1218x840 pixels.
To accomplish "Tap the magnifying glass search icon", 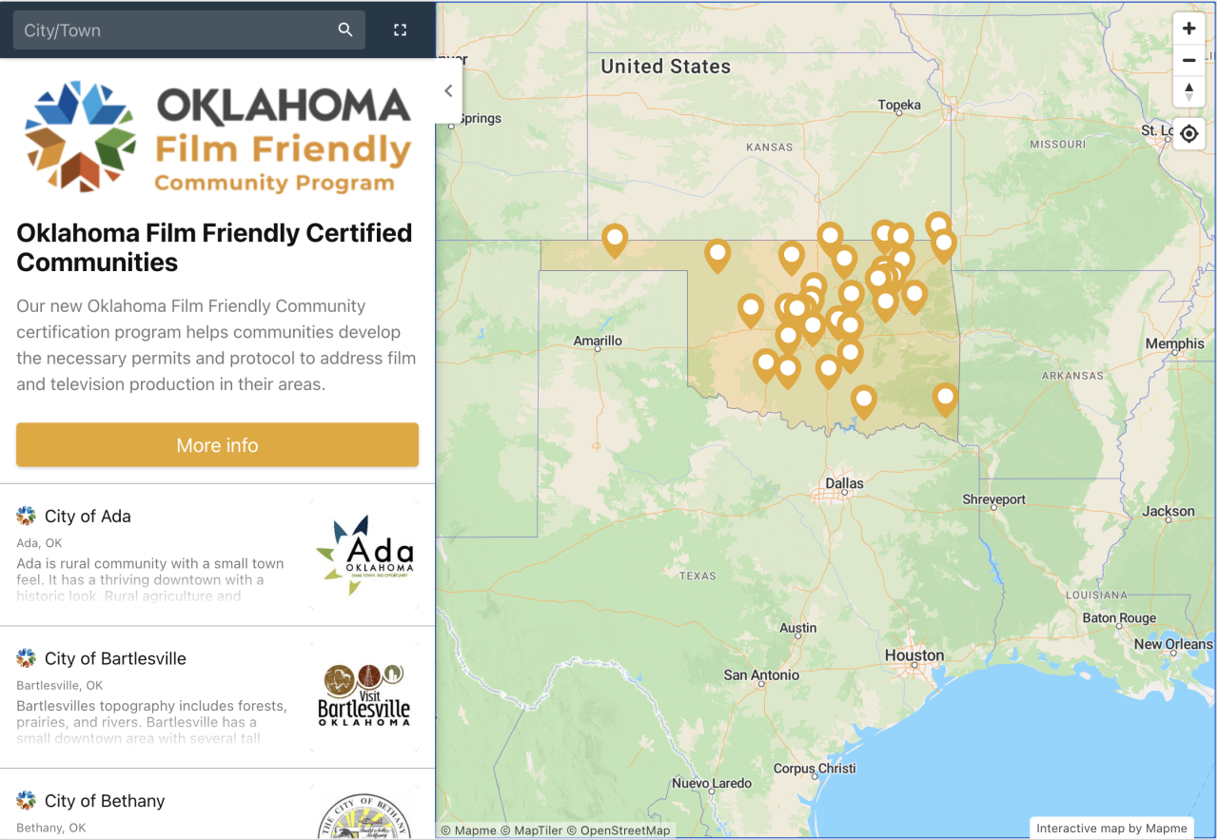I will [x=345, y=30].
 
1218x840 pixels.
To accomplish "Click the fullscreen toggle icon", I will [x=401, y=30].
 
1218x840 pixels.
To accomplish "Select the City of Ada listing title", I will [x=88, y=517].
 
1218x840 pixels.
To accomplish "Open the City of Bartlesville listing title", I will [x=115, y=659].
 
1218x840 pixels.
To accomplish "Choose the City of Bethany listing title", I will [x=105, y=801].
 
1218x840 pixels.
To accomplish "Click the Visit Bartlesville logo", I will [x=363, y=696].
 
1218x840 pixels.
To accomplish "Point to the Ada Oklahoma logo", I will [x=364, y=555].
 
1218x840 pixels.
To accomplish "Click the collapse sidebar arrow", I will [x=448, y=91].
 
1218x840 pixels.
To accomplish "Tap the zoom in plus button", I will [x=1189, y=29].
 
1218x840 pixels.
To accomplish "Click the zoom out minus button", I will [x=1189, y=60].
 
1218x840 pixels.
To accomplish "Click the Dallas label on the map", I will [x=844, y=483].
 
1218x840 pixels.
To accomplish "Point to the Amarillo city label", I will [x=598, y=341].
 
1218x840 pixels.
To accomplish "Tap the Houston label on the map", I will [x=913, y=655].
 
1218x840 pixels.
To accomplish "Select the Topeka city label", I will [x=899, y=105].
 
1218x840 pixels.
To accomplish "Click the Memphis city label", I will [x=1174, y=343].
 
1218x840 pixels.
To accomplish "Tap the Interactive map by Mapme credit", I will [x=1111, y=829].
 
